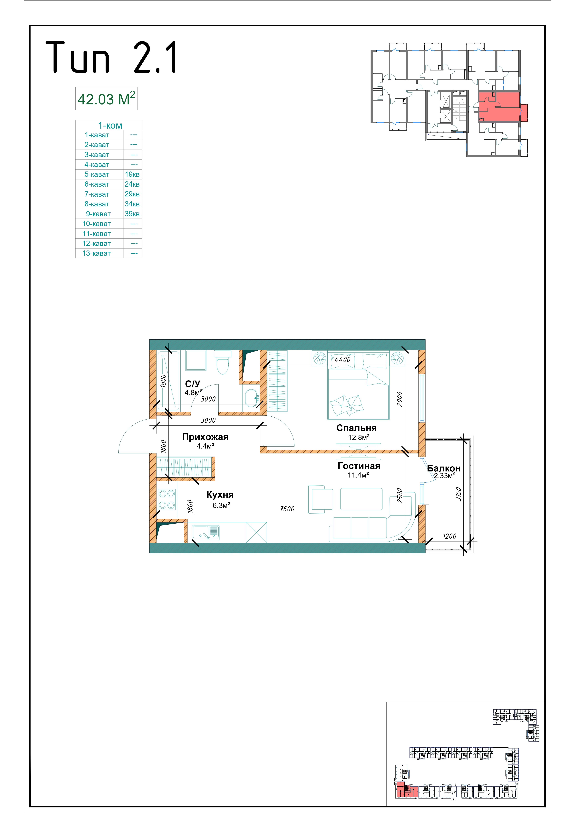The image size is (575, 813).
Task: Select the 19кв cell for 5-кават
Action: pos(132,174)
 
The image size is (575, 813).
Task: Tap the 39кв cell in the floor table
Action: pos(132,214)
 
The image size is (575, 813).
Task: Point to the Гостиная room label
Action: pos(359,466)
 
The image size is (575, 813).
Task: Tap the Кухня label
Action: pos(220,495)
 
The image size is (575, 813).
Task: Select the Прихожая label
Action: pos(205,437)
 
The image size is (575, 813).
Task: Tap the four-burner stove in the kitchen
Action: pos(166,499)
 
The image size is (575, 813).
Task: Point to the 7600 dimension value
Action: pos(287,509)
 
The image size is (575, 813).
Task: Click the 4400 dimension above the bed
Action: pos(343,359)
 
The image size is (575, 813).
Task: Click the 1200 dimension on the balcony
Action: pos(450,536)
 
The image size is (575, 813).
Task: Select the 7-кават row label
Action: pos(97,194)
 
